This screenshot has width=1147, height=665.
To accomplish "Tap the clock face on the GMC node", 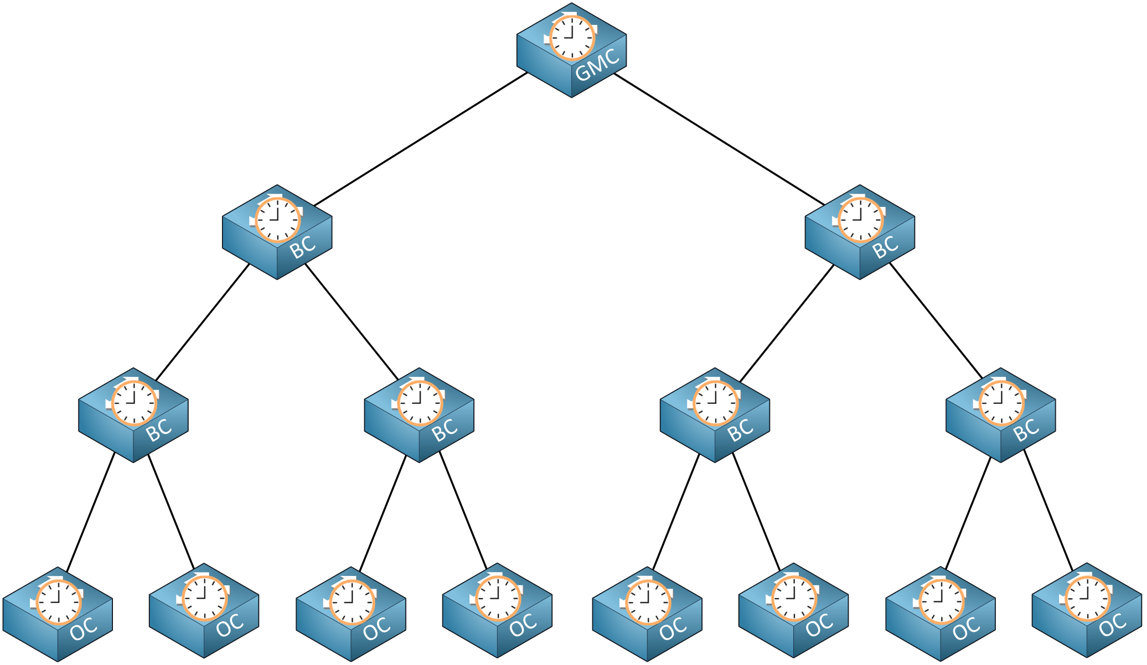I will coord(572,38).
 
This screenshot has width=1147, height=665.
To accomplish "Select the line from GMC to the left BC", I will coord(421,138).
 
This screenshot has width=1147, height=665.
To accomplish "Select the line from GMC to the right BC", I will coord(719,138).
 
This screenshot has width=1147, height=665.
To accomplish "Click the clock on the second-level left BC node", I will coord(278,220).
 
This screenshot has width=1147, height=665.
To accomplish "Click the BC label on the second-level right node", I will coord(885,247).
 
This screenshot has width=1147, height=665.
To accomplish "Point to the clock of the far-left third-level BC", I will coord(135,403).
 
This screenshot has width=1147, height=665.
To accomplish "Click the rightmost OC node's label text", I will coord(1112,626).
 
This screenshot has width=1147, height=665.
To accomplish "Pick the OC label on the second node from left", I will coord(229,626).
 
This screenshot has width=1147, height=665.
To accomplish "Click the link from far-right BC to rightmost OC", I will coord(1048,510).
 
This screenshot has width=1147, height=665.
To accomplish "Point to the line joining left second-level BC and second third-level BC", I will coord(352,321).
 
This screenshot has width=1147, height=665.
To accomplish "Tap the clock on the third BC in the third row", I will coord(716,403).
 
